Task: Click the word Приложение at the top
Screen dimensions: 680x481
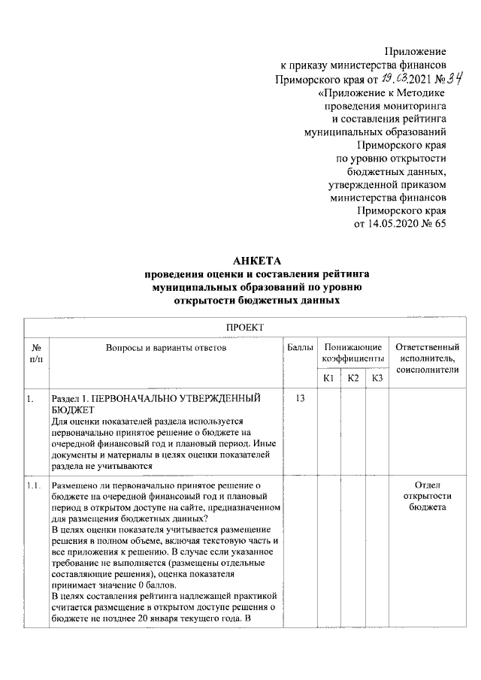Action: pyautogui.click(x=415, y=52)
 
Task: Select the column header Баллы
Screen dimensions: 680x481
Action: pyautogui.click(x=300, y=347)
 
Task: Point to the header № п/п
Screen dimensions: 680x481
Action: pyautogui.click(x=35, y=353)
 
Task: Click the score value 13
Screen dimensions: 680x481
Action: pyautogui.click(x=300, y=397)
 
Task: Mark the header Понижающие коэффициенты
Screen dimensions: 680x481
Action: pyautogui.click(x=352, y=353)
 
